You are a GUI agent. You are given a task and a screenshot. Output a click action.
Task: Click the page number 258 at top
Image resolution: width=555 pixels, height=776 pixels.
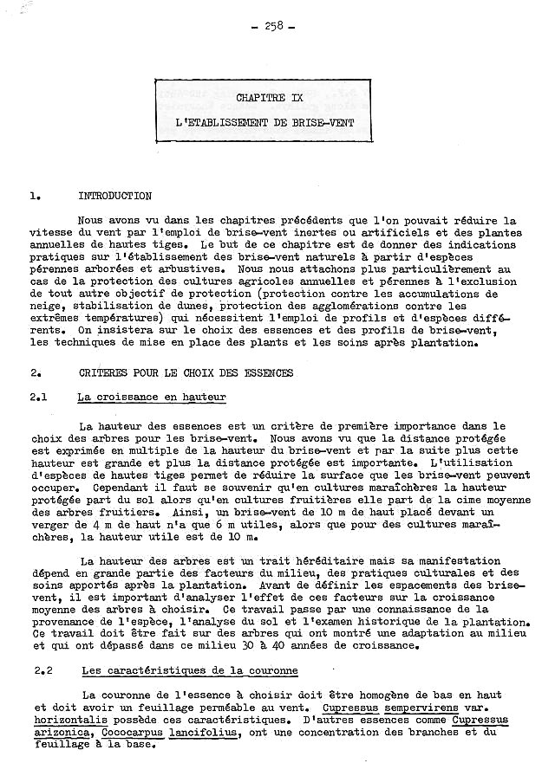click(277, 27)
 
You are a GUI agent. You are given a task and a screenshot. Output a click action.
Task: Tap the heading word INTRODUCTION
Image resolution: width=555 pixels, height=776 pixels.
click(114, 196)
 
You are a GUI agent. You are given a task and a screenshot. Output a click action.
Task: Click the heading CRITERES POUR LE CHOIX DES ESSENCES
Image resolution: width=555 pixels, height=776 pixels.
click(186, 373)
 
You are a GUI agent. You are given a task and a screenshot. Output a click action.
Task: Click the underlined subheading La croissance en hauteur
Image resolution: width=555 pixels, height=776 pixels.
click(151, 398)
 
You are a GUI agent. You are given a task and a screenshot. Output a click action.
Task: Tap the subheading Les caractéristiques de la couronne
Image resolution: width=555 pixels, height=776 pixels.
click(190, 670)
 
